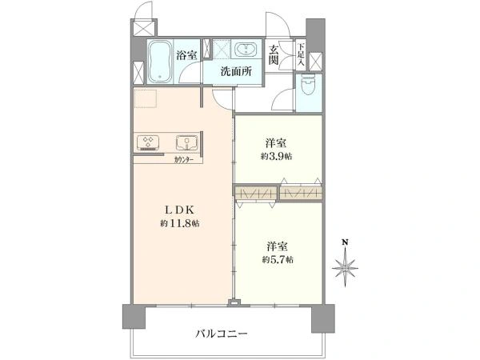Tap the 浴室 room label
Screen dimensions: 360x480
187,55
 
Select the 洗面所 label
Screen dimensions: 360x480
237,72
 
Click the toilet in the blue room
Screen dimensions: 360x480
307,86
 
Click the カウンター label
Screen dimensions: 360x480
184,160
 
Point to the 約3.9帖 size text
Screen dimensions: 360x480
276,156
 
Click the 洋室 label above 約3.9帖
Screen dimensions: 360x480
276,143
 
